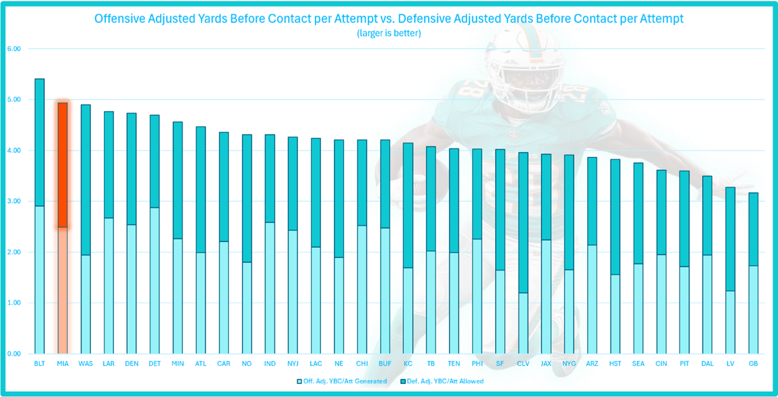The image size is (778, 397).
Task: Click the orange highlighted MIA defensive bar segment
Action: [x=62, y=165]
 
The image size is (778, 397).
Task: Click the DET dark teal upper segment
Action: [x=155, y=162]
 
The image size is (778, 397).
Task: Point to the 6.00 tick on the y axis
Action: [x=13, y=49]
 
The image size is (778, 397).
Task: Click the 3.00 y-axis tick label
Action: [x=13, y=202]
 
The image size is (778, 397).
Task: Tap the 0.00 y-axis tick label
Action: [x=13, y=354]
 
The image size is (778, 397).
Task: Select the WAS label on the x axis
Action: [x=85, y=363]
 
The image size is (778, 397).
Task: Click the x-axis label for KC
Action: [x=407, y=363]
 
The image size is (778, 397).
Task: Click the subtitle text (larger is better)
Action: [x=388, y=33]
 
